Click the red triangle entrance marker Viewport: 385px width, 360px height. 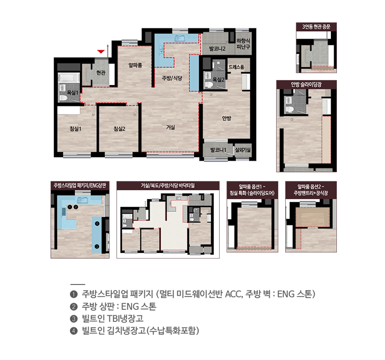(x=101, y=51)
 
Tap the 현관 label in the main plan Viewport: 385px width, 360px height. (x=101, y=73)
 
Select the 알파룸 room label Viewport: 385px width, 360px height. (x=135, y=65)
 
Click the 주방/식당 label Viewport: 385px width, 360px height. (x=172, y=78)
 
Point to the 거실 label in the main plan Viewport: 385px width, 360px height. (x=170, y=127)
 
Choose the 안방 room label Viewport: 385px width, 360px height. (x=226, y=118)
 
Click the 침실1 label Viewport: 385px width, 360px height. (x=75, y=129)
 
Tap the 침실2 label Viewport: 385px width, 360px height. (x=120, y=129)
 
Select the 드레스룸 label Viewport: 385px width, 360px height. (x=237, y=67)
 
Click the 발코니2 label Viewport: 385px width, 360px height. (x=217, y=49)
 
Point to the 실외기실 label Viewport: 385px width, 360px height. (x=243, y=150)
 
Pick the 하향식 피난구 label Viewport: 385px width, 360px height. (x=243, y=44)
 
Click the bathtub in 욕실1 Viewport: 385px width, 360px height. (x=69, y=78)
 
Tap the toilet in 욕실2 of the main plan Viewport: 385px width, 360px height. (x=209, y=85)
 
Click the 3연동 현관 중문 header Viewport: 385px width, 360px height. (x=316, y=26)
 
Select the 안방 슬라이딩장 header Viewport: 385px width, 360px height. (x=306, y=84)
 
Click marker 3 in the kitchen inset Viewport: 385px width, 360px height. (x=97, y=246)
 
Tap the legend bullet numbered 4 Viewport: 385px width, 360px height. (x=73, y=331)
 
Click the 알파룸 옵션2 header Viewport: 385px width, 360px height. (x=311, y=190)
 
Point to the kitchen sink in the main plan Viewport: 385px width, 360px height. (x=180, y=38)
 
